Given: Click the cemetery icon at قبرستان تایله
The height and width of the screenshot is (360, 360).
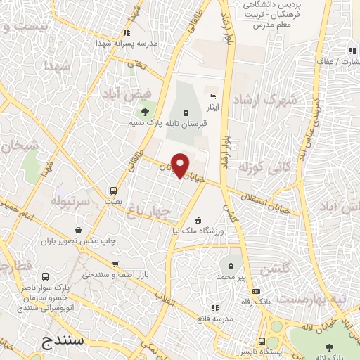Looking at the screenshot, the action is (x=186, y=112).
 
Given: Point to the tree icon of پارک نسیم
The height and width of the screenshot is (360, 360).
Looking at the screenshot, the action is (x=145, y=112).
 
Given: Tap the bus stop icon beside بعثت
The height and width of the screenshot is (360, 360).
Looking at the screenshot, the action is (x=113, y=190).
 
